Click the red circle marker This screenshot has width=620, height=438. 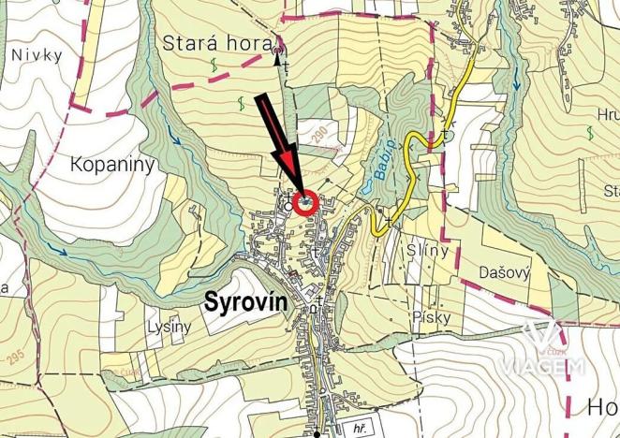(x=304, y=202)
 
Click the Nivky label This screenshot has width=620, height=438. (x=37, y=54)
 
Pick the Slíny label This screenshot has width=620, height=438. (x=428, y=251)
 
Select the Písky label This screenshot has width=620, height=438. (x=431, y=317)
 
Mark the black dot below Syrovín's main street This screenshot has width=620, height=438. (x=317, y=434)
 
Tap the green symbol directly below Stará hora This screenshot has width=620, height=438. (x=214, y=66)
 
